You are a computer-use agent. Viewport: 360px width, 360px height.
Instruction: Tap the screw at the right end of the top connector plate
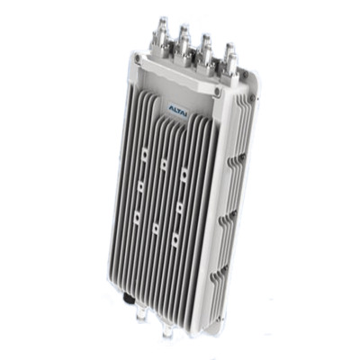pos(246,75)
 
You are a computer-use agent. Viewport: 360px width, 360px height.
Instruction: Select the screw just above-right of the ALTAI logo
pos(218,90)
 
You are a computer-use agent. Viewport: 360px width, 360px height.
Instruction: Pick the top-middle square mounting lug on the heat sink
pos(164,164)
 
